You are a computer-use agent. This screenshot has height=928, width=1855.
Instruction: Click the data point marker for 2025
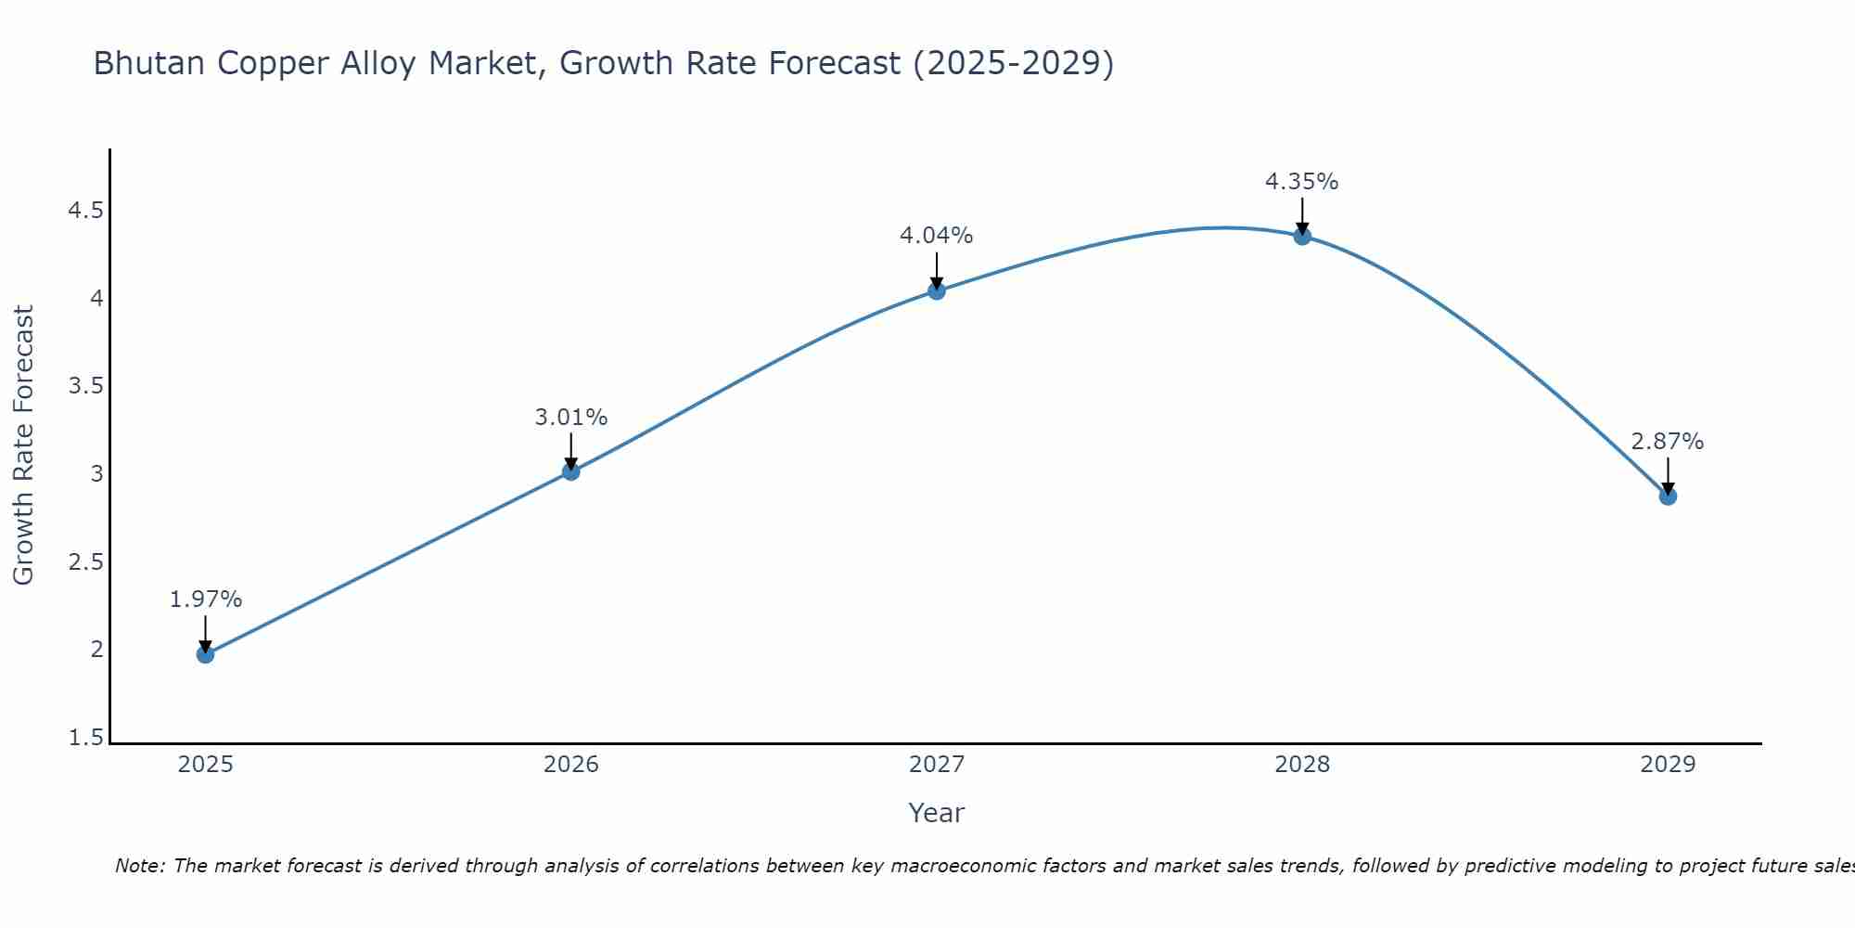(205, 654)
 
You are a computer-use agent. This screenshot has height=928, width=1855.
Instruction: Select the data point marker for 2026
(570, 471)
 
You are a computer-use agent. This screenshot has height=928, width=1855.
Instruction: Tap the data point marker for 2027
(937, 290)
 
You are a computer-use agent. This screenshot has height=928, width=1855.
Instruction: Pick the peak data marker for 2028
(1302, 236)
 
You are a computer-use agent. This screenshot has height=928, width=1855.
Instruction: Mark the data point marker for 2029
(1668, 496)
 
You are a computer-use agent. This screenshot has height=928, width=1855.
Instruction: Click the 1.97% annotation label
(205, 599)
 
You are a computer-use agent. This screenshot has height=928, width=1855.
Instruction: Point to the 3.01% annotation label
(570, 418)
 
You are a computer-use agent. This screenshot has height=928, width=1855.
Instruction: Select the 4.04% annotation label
(937, 236)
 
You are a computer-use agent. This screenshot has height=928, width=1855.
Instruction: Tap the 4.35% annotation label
(1302, 182)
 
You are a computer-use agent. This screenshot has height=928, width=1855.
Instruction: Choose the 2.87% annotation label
(1668, 442)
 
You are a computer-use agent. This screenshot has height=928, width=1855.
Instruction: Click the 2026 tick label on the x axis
(570, 765)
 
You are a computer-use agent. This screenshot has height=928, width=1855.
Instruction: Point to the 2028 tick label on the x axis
(1302, 765)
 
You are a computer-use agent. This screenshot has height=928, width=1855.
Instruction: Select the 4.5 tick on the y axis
(85, 211)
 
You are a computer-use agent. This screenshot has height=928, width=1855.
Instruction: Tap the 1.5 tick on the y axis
(85, 738)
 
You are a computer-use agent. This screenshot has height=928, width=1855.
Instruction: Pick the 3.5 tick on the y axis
(85, 386)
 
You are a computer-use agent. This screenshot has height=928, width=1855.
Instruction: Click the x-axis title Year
(937, 813)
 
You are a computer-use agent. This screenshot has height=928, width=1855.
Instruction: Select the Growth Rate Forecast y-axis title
(23, 445)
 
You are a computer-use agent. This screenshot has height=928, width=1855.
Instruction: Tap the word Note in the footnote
(139, 866)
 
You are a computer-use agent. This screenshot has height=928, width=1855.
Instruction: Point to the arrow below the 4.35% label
(1302, 215)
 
